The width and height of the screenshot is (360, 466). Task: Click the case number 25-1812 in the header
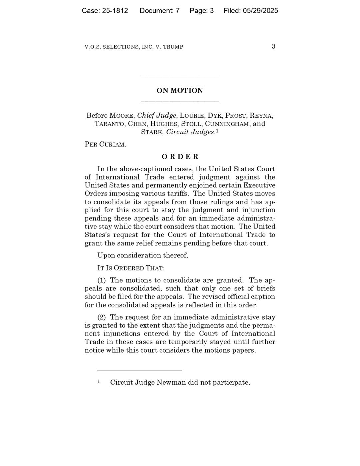(115, 11)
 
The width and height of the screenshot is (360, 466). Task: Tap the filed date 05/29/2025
(260, 11)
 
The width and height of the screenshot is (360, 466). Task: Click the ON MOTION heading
(180, 91)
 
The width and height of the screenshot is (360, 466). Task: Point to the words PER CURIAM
(105, 145)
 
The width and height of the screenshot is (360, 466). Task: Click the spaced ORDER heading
(180, 157)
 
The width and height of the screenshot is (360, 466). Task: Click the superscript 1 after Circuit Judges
(217, 131)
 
